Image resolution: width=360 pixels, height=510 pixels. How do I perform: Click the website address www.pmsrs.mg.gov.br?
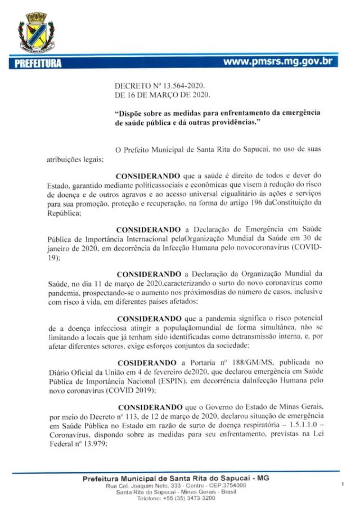point(277,61)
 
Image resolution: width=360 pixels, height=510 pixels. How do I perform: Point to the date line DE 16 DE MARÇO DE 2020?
point(161,95)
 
